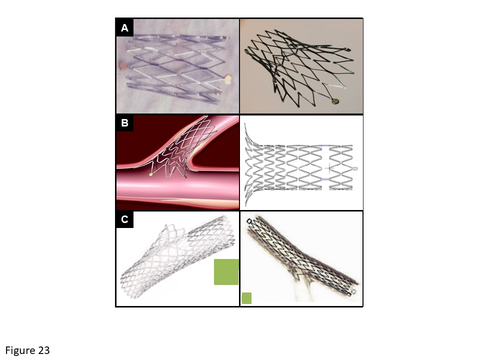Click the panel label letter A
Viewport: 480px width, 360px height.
[124, 28]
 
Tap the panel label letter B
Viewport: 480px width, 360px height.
[124, 123]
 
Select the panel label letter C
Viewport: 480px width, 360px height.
[124, 219]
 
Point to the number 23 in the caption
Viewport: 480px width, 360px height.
[44, 350]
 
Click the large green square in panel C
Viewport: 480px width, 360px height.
[226, 272]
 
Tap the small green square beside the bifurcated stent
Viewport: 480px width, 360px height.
[246, 298]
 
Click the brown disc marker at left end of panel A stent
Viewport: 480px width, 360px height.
[123, 65]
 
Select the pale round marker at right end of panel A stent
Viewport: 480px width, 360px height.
[228, 79]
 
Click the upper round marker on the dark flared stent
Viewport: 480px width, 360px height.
[347, 49]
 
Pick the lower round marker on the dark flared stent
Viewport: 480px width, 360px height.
[335, 100]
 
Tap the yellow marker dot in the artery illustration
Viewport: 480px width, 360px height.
[151, 174]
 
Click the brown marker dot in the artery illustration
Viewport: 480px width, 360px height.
[184, 176]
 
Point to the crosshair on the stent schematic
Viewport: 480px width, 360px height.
[329, 168]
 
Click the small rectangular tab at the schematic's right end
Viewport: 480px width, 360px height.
[355, 168]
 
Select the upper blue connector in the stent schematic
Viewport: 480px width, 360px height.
[325, 145]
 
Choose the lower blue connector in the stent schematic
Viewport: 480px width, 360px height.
[325, 179]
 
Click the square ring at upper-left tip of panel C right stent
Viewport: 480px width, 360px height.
[250, 221]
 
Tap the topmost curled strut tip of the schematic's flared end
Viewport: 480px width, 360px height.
[245, 124]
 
